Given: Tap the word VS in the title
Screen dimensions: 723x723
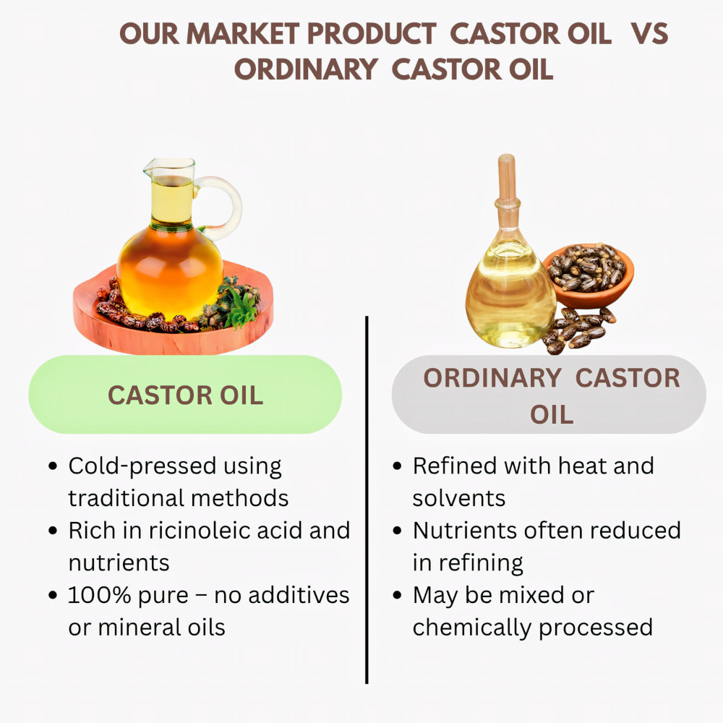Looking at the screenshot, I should pos(649,34).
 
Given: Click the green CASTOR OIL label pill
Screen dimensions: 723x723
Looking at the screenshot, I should pos(185,395).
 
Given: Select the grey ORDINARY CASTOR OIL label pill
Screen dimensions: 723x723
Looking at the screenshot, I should pos(549,395).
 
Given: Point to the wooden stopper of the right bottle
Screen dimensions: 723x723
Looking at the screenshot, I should pos(507,181).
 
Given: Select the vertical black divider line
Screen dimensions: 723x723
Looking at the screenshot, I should pos(367,499).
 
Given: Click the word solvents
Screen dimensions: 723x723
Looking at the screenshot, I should pos(458,497).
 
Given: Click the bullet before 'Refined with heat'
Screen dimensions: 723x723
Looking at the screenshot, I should pos(397,466).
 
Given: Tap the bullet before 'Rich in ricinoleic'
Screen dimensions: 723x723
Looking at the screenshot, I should pos(53,531).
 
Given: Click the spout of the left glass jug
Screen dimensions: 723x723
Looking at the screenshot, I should pos(148,172).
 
